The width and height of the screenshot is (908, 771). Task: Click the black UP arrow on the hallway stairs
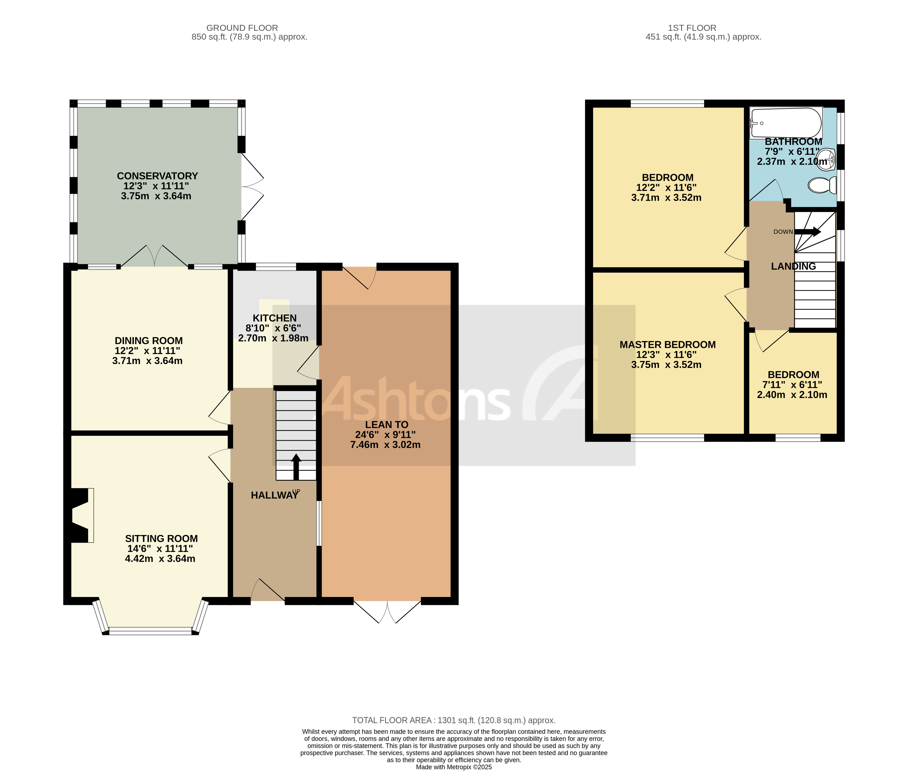pyautogui.click(x=296, y=467)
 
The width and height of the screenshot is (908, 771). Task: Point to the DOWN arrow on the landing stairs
pyautogui.click(x=808, y=232)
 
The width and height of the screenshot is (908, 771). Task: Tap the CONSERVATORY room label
pyautogui.click(x=157, y=176)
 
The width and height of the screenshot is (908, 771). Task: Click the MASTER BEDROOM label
pyautogui.click(x=667, y=344)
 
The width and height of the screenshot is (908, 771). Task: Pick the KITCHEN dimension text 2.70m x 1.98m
pyautogui.click(x=273, y=338)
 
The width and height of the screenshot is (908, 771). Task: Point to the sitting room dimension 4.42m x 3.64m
pyautogui.click(x=160, y=559)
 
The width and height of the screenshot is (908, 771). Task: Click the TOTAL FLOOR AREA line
pyautogui.click(x=454, y=720)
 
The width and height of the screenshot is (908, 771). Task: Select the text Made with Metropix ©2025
pyautogui.click(x=454, y=767)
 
